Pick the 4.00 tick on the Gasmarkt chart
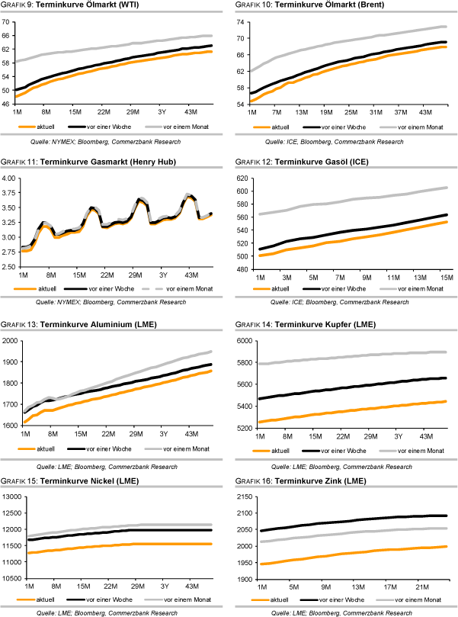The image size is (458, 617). pyautogui.click(x=9, y=178)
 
